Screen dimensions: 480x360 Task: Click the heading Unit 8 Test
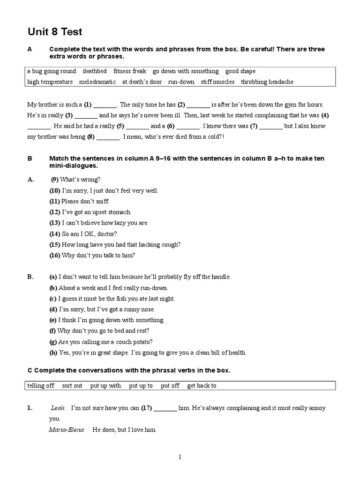tap(55, 32)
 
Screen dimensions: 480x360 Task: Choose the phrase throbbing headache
tap(267, 82)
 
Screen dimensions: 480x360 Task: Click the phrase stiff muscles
tap(217, 82)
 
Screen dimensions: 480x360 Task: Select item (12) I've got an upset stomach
tap(90, 212)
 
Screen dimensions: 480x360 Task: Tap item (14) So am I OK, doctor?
tap(83, 233)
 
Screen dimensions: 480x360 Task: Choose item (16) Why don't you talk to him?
tap(92, 255)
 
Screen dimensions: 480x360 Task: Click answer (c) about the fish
tap(112, 299)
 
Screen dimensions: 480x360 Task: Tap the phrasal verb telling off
tap(41, 386)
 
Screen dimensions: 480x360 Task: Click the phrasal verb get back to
tap(202, 386)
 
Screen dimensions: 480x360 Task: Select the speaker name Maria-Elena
tap(67, 429)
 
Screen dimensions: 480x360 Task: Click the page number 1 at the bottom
tap(180, 457)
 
